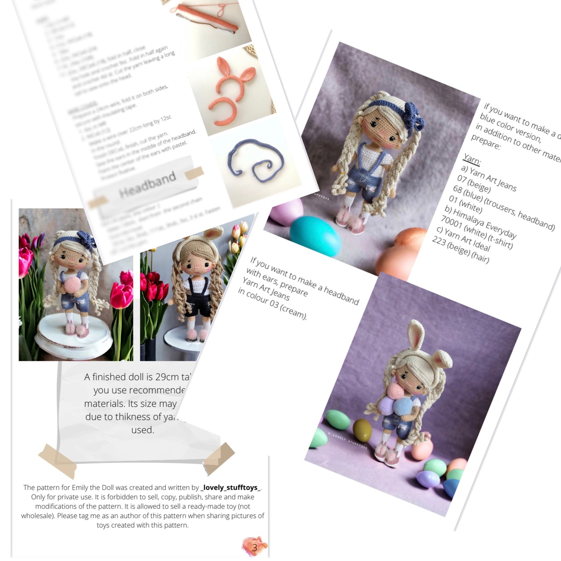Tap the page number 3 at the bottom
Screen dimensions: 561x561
coord(255,548)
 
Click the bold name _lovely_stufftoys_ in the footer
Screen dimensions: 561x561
coord(231,488)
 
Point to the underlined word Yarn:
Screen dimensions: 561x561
coord(472,159)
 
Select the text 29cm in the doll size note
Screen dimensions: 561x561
coord(167,377)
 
